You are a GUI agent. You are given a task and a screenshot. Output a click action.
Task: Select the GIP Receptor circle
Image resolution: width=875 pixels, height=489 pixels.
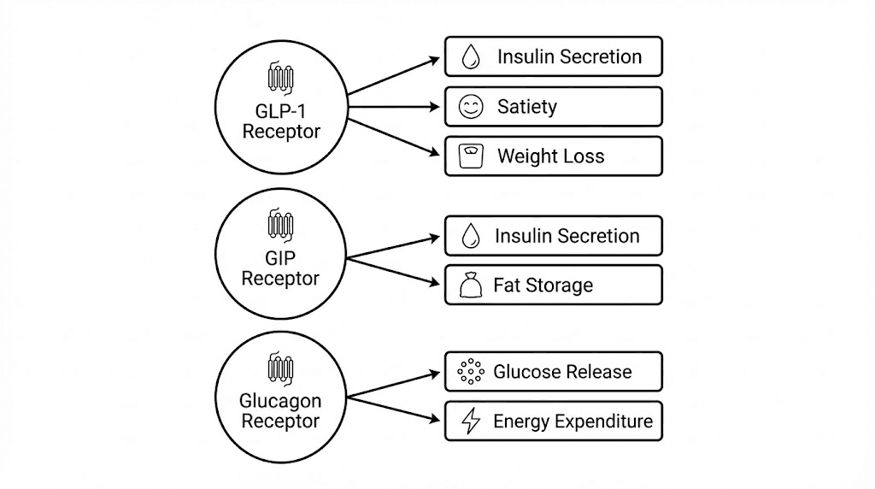tap(281, 256)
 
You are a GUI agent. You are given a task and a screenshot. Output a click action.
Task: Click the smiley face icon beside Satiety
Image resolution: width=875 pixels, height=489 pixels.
tap(471, 107)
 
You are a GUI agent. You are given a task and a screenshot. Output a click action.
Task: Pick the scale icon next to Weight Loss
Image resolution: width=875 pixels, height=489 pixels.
tap(471, 156)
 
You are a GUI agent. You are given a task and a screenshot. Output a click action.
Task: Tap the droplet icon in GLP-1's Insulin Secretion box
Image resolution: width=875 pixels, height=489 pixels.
tap(471, 57)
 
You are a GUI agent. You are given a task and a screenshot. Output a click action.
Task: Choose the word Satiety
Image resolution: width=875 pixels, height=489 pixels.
tap(527, 107)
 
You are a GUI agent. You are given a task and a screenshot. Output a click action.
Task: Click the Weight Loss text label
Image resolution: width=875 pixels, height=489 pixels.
tap(550, 156)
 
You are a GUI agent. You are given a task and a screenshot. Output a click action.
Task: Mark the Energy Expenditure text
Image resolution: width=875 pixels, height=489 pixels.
tap(573, 421)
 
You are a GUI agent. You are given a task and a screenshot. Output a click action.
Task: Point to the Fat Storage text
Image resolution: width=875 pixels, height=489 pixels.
tap(543, 286)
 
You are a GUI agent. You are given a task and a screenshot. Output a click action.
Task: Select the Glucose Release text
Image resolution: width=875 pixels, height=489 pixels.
tap(562, 372)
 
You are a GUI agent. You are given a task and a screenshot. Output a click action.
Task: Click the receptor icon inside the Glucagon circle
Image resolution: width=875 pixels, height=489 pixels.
tap(281, 368)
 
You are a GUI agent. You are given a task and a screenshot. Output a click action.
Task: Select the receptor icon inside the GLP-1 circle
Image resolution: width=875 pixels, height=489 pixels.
tap(281, 78)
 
